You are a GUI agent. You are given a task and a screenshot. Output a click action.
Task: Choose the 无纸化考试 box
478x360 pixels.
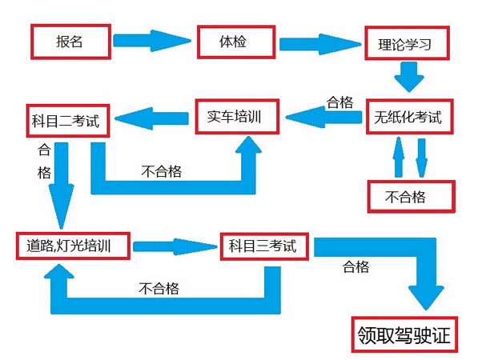pos(407,117)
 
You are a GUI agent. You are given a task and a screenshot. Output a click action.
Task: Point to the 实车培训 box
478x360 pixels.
pos(239,117)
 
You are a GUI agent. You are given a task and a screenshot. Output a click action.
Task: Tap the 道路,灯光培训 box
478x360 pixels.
pos(73,246)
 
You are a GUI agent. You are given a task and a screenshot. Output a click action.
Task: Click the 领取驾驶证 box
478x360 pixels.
pos(405,335)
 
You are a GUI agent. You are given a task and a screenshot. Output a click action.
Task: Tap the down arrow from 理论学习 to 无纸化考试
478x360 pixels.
pos(408,78)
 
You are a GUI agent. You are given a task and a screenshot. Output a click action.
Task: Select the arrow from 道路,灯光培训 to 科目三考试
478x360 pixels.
pos(175,245)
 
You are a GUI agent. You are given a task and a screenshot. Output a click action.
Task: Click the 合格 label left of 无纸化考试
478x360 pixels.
pos(339,102)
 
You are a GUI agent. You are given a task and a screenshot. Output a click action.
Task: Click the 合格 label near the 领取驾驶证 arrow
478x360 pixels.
pos(355,266)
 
